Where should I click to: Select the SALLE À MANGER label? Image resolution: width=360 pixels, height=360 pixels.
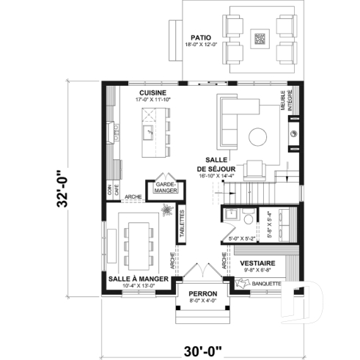[139, 279]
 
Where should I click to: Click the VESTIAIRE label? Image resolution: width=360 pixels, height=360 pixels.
[257, 262]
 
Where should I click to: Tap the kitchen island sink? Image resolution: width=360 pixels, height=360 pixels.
[147, 132]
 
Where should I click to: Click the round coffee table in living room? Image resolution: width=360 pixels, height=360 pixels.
[257, 136]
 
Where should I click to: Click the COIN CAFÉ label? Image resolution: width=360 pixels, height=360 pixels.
[111, 189]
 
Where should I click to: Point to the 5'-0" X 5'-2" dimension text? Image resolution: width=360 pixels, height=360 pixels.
[242, 238]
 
